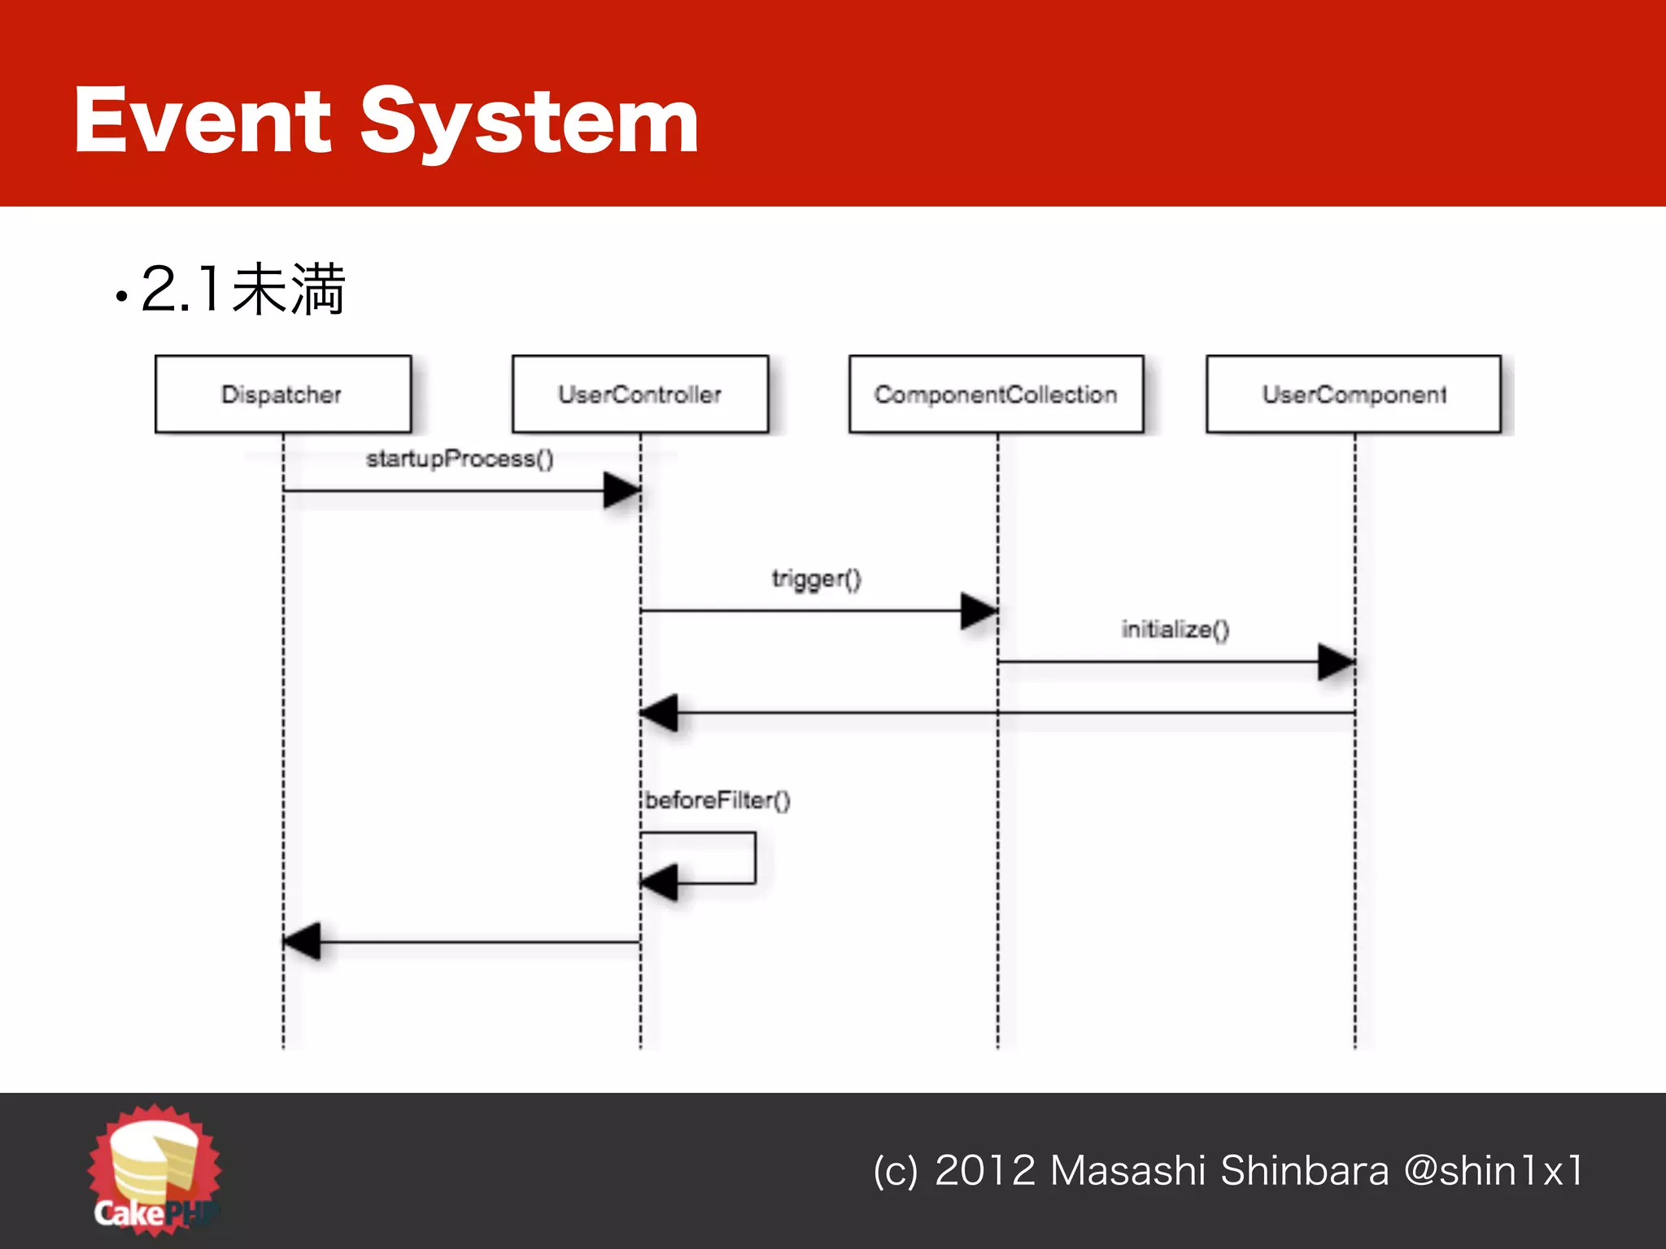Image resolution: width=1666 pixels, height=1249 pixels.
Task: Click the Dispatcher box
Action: pos(282,394)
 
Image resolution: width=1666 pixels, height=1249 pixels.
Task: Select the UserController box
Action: pos(640,394)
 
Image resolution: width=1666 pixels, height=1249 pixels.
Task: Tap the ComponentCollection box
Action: pos(996,394)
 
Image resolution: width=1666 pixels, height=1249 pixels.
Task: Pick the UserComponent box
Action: pos(1354,394)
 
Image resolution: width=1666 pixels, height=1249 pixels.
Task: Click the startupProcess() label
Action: pos(460,459)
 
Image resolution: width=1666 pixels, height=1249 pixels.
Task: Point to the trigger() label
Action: pos(816,579)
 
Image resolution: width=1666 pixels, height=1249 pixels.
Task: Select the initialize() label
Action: pos(1175,629)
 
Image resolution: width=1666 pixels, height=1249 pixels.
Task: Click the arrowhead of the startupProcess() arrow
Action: pos(622,490)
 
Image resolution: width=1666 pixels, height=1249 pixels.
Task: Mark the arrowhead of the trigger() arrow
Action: pos(979,611)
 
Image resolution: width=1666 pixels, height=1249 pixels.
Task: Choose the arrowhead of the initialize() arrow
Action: pos(1337,662)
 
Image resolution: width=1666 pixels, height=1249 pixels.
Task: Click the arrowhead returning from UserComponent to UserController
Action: pos(659,713)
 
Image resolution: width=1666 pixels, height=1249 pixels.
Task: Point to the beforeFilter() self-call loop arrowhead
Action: pos(659,882)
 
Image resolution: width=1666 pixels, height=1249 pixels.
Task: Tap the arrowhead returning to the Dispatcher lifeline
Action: pos(302,942)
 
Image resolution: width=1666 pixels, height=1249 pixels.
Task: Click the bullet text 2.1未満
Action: pos(242,289)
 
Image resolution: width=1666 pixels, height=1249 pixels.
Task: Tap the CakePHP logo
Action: pos(155,1168)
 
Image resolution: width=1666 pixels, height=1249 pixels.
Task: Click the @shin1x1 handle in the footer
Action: pos(1494,1171)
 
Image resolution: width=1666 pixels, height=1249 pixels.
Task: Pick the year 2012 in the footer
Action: pos(985,1171)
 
